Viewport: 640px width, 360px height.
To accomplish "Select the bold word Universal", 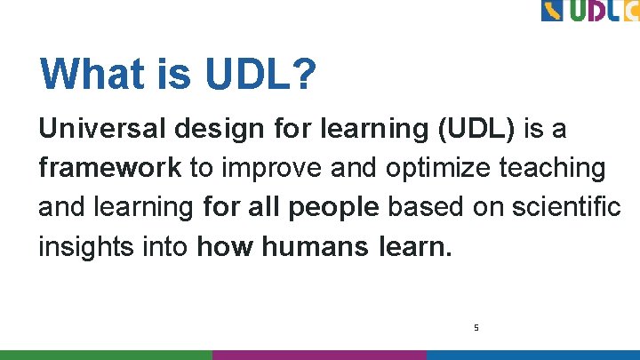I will coord(102,130).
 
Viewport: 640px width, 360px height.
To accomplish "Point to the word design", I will coord(220,130).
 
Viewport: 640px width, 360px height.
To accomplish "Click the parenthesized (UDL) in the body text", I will coord(476,130).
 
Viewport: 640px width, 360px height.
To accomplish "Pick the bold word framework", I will coord(109,168).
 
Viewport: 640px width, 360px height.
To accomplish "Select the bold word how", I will coord(227,245).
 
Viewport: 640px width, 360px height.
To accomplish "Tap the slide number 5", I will coord(476,328).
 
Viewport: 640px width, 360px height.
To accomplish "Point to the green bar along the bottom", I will coord(107,355).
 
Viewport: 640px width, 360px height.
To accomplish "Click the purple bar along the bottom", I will coord(320,355).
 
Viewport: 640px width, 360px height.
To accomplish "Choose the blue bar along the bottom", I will coord(533,355).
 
